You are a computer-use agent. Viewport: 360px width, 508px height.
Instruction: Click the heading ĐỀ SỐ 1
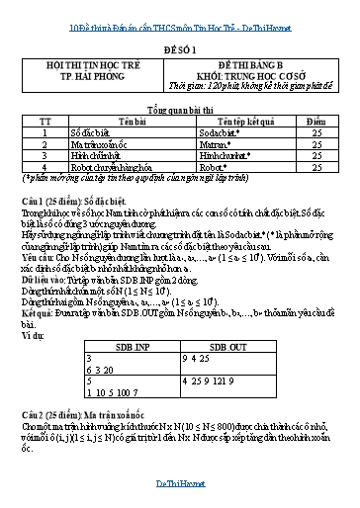tap(179, 46)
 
